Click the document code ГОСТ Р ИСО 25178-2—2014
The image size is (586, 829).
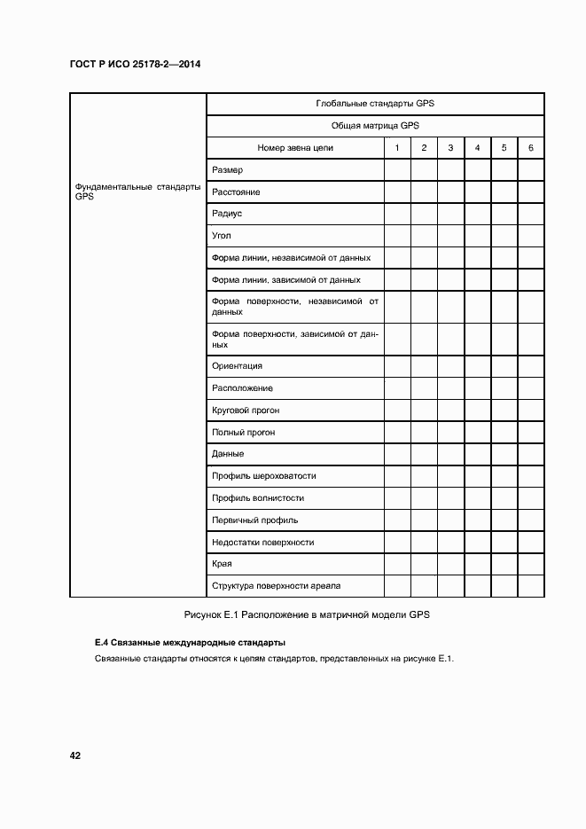click(142, 65)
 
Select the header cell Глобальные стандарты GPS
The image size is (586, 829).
click(374, 104)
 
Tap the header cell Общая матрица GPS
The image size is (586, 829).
click(374, 126)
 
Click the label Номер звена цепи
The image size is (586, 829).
click(294, 148)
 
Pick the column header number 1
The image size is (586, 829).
click(397, 148)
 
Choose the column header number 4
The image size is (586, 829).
click(477, 148)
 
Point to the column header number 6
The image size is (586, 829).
click(530, 148)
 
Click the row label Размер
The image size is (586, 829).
click(227, 169)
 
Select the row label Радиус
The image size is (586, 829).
click(227, 214)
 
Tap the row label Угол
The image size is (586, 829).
click(222, 236)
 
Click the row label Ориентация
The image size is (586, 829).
click(237, 366)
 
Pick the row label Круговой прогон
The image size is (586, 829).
click(246, 411)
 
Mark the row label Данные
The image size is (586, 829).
click(228, 454)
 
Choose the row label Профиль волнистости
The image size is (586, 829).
click(257, 498)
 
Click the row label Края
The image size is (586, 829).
click(223, 564)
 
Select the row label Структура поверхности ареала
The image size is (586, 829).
click(276, 586)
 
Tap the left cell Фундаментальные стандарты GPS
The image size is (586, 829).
click(137, 192)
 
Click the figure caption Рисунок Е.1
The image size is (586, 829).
click(306, 615)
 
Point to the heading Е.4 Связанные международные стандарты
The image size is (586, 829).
click(190, 642)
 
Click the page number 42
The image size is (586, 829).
click(75, 755)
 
